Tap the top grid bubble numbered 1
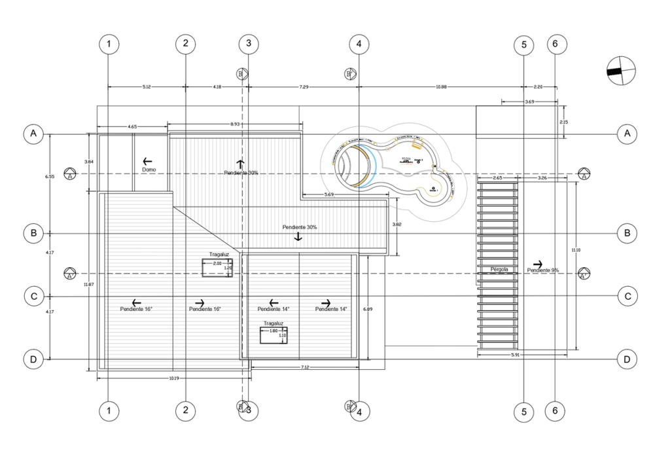click(x=109, y=44)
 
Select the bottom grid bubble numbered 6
click(x=555, y=411)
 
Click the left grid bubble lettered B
click(x=33, y=232)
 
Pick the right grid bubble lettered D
click(x=627, y=359)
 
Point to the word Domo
click(x=149, y=170)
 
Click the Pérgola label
click(x=499, y=269)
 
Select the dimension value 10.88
click(x=440, y=87)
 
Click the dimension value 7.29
click(x=304, y=87)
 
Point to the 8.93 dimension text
click(x=234, y=124)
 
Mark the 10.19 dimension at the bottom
click(x=173, y=378)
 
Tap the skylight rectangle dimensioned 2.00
click(x=217, y=268)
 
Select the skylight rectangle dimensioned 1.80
click(x=273, y=335)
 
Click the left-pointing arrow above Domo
click(x=147, y=160)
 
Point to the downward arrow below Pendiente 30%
click(x=298, y=237)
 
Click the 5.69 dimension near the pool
click(x=329, y=195)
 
